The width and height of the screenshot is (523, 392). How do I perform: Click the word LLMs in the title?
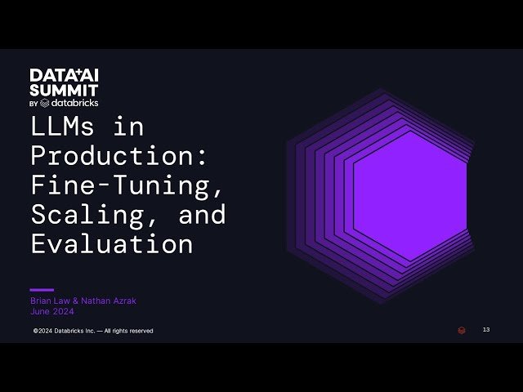click(62, 127)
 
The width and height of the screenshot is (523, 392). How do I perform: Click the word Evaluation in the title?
click(112, 243)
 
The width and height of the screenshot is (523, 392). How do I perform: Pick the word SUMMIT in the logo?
click(63, 89)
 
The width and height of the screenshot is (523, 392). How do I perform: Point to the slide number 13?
click(486, 330)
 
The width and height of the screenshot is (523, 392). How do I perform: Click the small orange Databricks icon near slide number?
click(462, 330)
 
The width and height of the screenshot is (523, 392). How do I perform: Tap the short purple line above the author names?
click(42, 289)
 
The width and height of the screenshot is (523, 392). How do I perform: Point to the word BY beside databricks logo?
click(34, 104)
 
